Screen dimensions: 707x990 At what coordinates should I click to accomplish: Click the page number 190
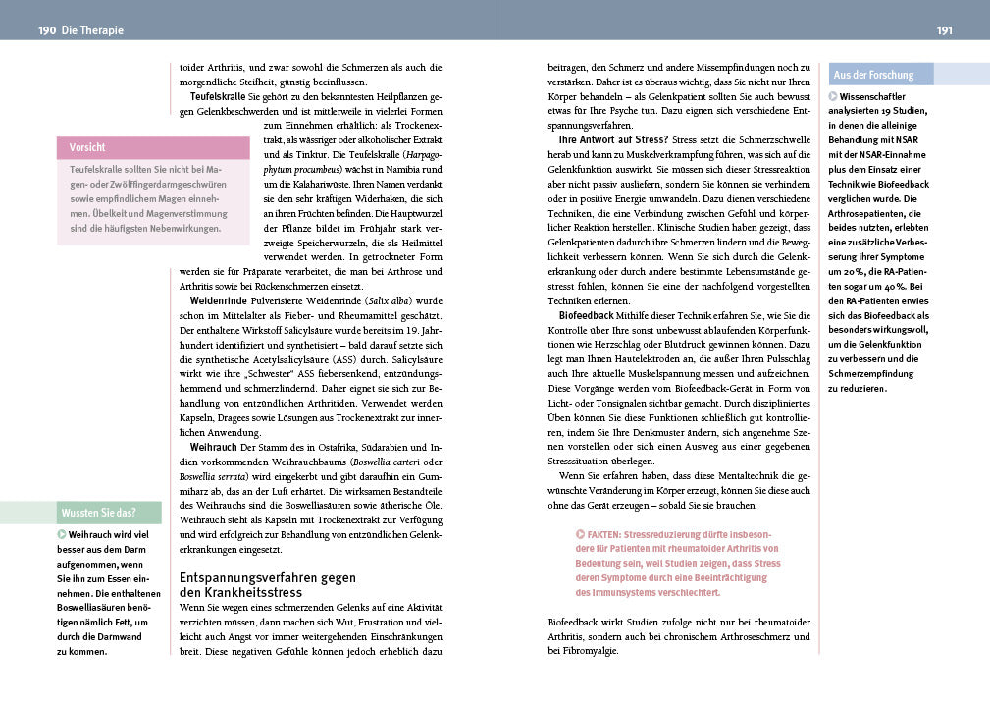pos(47,30)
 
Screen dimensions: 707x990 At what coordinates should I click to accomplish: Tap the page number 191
pos(945,30)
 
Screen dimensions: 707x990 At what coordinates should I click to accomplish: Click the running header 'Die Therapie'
pos(93,30)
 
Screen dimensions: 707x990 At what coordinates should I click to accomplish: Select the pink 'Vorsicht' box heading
pos(87,147)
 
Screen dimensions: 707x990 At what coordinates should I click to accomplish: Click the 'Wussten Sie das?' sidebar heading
pos(98,513)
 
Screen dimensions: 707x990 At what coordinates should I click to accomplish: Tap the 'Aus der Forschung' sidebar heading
pos(873,75)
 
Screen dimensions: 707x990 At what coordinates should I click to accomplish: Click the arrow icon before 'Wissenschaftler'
pos(834,96)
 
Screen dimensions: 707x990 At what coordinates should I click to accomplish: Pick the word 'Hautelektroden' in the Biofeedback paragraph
pos(649,359)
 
